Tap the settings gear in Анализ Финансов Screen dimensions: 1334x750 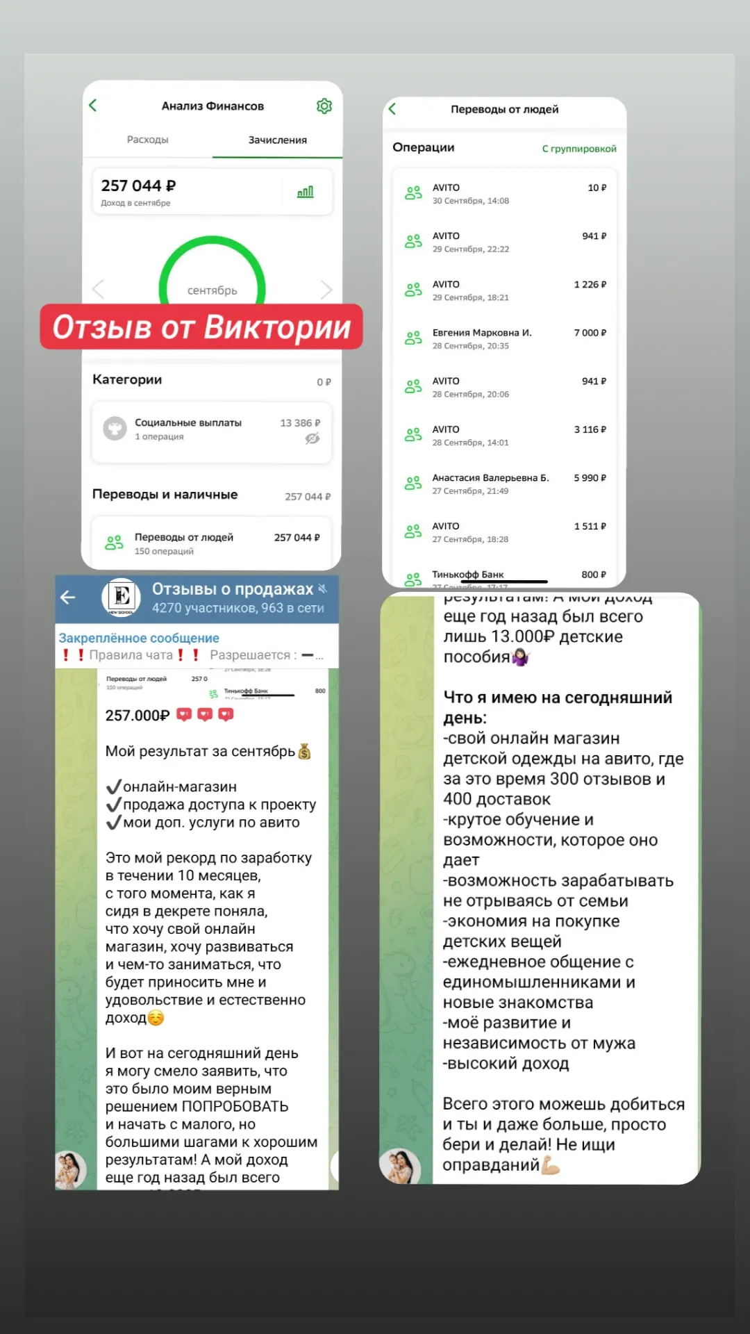[324, 106]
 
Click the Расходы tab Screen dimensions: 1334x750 [147, 140]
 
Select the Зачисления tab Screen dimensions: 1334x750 [277, 140]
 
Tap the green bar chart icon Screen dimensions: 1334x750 [306, 192]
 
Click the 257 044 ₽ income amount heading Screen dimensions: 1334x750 [138, 186]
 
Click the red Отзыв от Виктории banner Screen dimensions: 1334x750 [201, 327]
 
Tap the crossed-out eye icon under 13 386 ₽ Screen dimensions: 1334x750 [312, 438]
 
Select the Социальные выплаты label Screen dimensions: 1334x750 [188, 422]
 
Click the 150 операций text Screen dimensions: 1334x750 [164, 551]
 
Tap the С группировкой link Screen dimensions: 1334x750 [579, 149]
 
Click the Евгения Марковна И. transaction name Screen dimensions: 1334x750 [482, 333]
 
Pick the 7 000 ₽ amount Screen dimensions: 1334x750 [590, 333]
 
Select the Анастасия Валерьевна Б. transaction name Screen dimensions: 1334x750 [490, 478]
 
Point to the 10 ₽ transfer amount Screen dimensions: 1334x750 [597, 188]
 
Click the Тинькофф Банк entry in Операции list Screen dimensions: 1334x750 [468, 575]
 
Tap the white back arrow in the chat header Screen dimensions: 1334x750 [68, 597]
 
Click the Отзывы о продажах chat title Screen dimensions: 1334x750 [233, 589]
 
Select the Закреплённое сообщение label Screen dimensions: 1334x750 [139, 638]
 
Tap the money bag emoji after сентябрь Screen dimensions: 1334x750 [304, 752]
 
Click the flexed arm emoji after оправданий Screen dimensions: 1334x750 [551, 1164]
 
